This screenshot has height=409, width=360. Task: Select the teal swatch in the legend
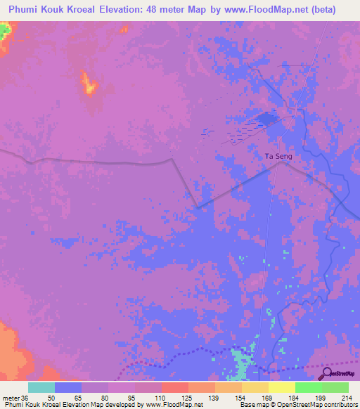(x=41, y=387)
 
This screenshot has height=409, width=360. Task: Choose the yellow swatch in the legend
(x=282, y=387)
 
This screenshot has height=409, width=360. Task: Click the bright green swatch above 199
(x=309, y=387)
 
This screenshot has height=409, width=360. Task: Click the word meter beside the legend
(x=12, y=397)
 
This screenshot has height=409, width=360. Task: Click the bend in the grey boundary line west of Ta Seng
(x=173, y=160)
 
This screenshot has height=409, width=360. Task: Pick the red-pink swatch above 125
(x=175, y=387)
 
